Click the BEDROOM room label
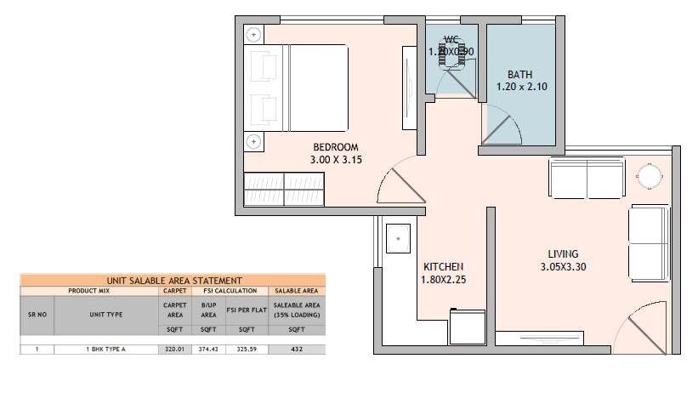[329, 146]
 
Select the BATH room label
[519, 73]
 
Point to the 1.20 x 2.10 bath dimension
[519, 86]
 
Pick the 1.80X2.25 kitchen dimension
[444, 278]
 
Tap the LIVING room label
[563, 253]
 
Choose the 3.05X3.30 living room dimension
[563, 266]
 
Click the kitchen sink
[397, 239]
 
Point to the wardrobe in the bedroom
[284, 189]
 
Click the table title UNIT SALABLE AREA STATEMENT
[173, 280]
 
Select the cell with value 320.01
[173, 349]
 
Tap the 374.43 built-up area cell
[207, 349]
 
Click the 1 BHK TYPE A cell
[106, 349]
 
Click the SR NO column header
[37, 313]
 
